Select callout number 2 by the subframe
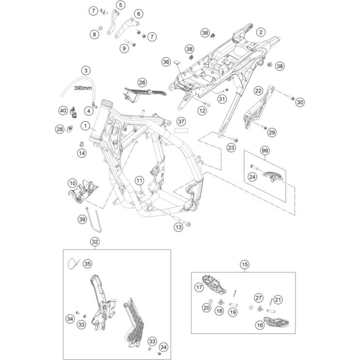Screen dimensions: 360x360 coord(261,32)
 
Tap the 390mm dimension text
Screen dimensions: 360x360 coord(82,89)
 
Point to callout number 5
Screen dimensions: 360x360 coord(120,5)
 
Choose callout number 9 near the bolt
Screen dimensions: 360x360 coord(125,47)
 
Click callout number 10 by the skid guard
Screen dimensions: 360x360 coord(72,184)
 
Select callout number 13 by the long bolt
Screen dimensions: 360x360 coord(178,227)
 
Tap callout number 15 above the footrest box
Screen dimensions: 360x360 coord(245,265)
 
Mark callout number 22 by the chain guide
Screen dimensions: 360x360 coord(258,91)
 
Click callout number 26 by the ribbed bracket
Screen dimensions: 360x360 coord(142,82)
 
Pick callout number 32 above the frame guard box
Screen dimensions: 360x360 coord(95,241)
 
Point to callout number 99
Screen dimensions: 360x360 coord(265,152)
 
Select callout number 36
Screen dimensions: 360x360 coord(166,62)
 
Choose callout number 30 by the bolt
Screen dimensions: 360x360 coord(299,102)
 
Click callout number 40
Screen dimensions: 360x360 coord(63,110)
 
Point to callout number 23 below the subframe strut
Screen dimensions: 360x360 coord(231,147)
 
